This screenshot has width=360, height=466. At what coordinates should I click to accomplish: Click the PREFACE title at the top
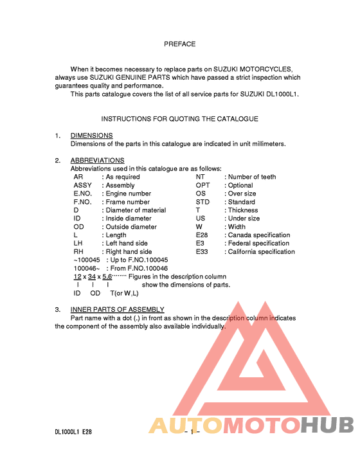click(x=179, y=44)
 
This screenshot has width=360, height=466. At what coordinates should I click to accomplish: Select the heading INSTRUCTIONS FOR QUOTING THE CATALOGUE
click(x=179, y=119)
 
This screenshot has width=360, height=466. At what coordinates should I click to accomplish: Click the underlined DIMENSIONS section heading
click(x=91, y=136)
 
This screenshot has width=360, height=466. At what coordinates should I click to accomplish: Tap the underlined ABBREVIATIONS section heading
click(x=97, y=161)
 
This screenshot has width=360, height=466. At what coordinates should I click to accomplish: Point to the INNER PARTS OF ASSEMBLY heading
click(x=117, y=310)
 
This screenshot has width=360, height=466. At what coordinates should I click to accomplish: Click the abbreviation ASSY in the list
click(x=83, y=185)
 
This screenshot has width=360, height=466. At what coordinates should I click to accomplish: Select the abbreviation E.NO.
click(x=84, y=193)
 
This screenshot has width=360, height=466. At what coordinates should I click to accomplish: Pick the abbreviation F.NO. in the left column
click(x=84, y=202)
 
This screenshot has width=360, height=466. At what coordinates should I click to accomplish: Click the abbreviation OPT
click(x=203, y=185)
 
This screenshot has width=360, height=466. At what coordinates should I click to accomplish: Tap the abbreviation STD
click(x=203, y=202)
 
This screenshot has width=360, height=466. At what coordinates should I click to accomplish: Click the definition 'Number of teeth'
click(x=252, y=177)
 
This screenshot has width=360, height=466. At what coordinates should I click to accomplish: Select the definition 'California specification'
click(x=262, y=252)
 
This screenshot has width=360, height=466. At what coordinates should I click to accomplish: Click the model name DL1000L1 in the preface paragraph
click(x=281, y=94)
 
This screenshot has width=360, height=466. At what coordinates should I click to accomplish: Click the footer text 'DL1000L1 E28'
click(x=73, y=433)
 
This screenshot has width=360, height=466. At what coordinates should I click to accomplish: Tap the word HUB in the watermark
click(x=328, y=426)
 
